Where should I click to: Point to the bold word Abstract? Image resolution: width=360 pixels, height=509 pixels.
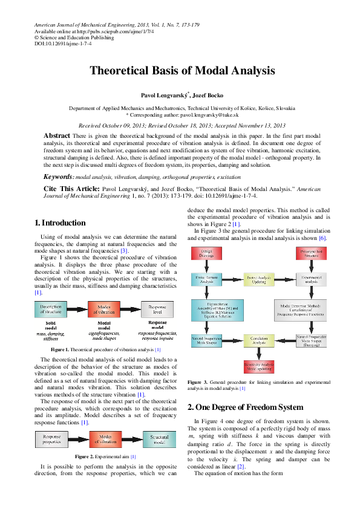click(x=57, y=136)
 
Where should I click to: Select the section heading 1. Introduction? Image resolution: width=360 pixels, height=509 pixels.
click(x=61, y=223)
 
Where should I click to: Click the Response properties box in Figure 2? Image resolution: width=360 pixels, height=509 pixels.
click(x=51, y=438)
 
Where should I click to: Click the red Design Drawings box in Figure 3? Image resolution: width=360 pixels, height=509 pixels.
click(x=207, y=253)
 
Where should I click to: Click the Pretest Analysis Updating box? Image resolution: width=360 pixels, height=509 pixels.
click(x=259, y=279)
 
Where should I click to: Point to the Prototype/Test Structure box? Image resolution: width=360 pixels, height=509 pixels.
click(x=311, y=253)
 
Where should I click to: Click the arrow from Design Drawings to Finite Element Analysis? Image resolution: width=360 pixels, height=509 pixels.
click(x=207, y=266)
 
